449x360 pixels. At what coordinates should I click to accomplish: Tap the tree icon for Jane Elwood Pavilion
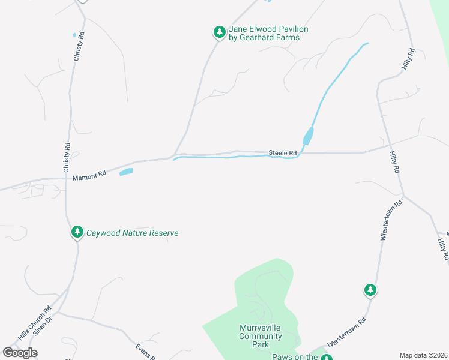(x=220, y=32)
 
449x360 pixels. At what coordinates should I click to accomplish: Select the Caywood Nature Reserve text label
(x=133, y=233)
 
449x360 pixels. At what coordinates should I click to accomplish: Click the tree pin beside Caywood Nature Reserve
(x=77, y=232)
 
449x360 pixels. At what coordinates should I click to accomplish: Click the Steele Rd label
(x=283, y=153)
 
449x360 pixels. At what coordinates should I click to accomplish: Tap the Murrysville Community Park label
(x=261, y=336)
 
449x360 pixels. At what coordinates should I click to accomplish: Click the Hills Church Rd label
(x=35, y=324)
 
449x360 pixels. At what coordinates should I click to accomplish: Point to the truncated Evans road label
(x=145, y=350)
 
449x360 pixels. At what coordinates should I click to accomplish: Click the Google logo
(x=20, y=352)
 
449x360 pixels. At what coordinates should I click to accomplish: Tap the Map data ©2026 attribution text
(x=423, y=355)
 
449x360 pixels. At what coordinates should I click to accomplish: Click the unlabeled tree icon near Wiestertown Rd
(x=370, y=290)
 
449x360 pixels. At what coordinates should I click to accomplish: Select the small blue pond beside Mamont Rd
(x=126, y=172)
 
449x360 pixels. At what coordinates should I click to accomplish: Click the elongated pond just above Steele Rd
(x=308, y=136)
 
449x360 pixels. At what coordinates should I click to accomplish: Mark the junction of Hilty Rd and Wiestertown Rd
(x=403, y=195)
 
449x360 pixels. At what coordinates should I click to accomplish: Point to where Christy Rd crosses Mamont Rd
(x=66, y=178)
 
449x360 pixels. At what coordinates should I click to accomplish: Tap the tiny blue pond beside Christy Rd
(x=74, y=35)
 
